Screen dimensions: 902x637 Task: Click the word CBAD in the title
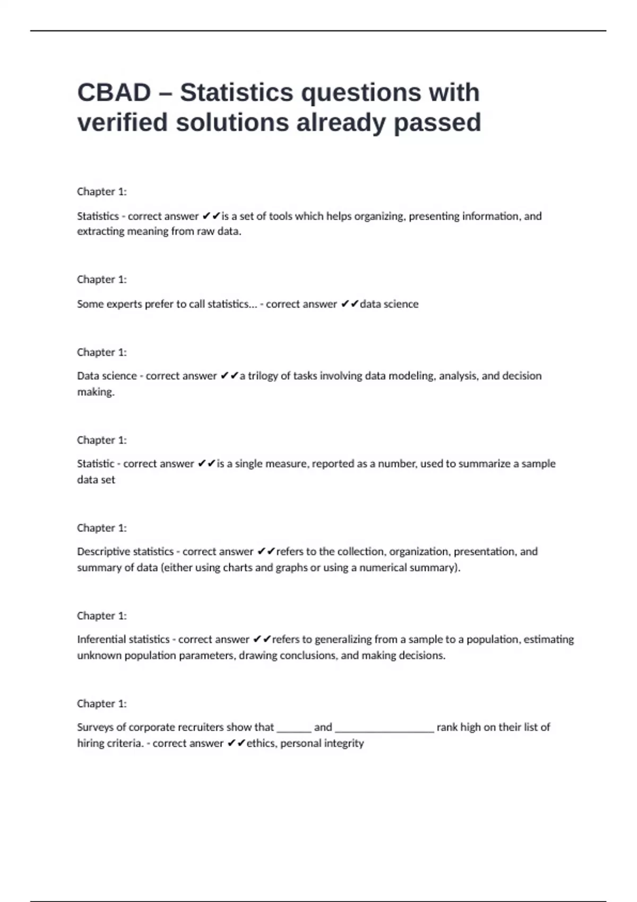[114, 93]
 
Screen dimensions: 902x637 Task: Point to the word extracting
[100, 231]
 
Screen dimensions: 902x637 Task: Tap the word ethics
[260, 743]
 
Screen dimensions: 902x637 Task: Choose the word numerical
[382, 568]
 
